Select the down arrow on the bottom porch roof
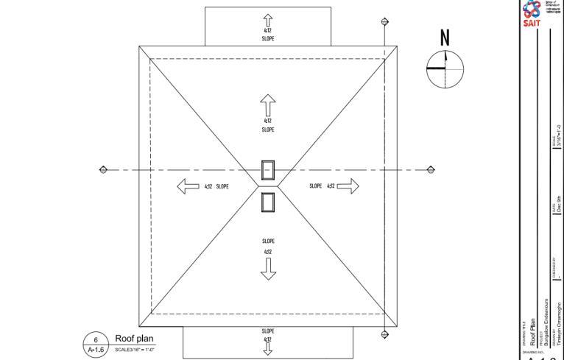coord(268,349)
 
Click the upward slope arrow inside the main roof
coord(268,106)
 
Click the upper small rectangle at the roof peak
coord(268,170)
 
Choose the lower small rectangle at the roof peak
coord(268,201)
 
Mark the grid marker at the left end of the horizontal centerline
coord(103,170)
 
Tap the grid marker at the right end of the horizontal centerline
coord(431,170)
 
